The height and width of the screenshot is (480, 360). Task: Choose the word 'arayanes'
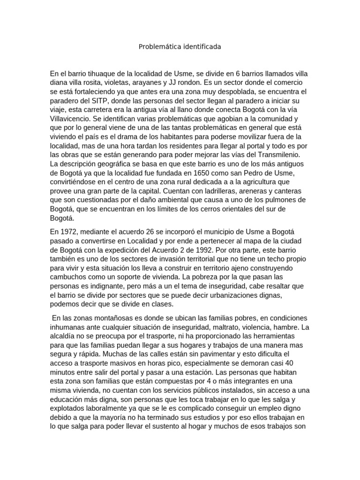coord(157,83)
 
